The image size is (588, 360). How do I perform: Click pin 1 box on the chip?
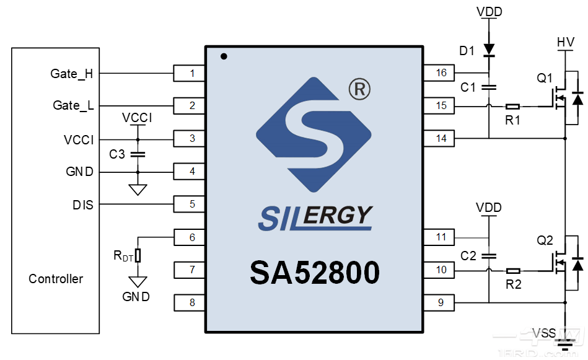click(191, 74)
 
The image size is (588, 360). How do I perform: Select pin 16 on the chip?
click(441, 73)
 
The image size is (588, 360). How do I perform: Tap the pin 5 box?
click(191, 203)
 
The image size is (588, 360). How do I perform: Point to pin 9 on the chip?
click(441, 302)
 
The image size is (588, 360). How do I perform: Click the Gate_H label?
click(72, 74)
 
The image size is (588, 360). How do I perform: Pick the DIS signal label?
click(82, 204)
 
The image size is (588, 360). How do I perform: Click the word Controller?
click(56, 279)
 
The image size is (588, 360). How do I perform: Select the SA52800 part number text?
click(315, 273)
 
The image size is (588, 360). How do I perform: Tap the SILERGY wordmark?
click(315, 217)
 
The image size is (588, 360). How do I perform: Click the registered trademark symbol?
click(359, 90)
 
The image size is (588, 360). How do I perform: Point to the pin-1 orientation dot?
click(224, 56)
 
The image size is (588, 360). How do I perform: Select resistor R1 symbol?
click(512, 107)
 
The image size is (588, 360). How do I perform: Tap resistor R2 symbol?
click(512, 271)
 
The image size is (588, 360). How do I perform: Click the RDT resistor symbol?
click(138, 255)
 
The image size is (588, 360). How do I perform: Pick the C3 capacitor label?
click(117, 154)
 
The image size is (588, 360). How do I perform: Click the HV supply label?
click(566, 42)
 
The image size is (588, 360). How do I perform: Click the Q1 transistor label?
click(545, 78)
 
